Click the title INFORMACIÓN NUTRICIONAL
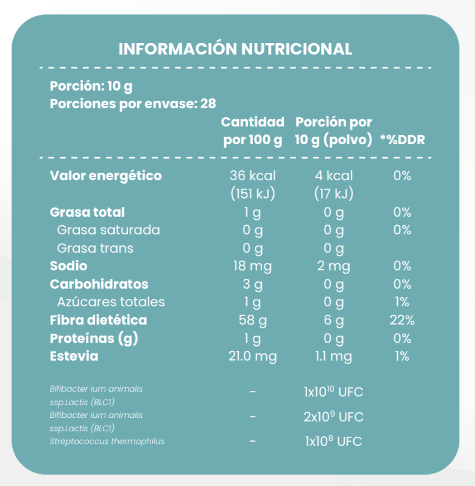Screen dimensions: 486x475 click(x=235, y=49)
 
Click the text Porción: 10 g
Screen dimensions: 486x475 click(x=91, y=86)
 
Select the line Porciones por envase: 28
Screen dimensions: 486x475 click(x=133, y=104)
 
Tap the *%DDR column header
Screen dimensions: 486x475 click(x=402, y=140)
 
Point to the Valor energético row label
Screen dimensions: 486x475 click(x=106, y=176)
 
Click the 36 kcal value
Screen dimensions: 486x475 click(x=253, y=176)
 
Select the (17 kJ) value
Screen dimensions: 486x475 click(x=334, y=194)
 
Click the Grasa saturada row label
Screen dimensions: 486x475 click(x=108, y=230)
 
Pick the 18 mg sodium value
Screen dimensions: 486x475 click(x=252, y=266)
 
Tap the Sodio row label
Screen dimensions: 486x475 click(x=68, y=266)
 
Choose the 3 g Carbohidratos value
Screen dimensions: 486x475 click(x=252, y=284)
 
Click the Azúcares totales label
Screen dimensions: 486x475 click(x=111, y=302)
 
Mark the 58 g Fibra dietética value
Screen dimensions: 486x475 click(x=252, y=320)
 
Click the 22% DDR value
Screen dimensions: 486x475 click(x=402, y=320)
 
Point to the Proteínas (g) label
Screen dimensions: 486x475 click(x=94, y=338)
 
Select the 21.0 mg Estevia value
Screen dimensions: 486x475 click(x=252, y=356)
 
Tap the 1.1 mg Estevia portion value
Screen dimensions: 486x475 click(x=334, y=356)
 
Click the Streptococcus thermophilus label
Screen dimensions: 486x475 click(x=107, y=442)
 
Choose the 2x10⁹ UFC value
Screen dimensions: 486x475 click(x=334, y=417)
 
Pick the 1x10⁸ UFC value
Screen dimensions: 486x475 click(x=334, y=442)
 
